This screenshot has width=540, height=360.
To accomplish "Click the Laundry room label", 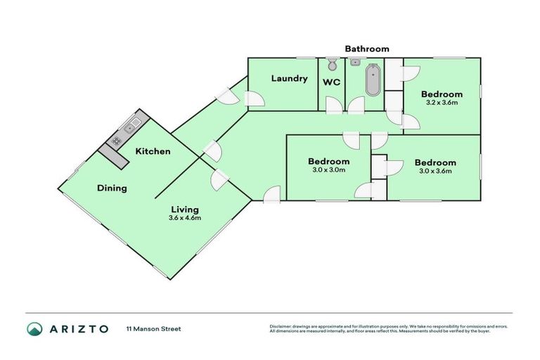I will (x=290, y=78).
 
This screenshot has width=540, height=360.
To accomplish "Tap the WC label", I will (x=331, y=82).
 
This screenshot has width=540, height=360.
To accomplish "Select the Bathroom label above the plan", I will (x=366, y=49).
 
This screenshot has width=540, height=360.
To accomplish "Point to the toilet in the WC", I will (x=333, y=65).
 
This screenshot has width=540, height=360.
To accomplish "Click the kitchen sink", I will (x=131, y=128).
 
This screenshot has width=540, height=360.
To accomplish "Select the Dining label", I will (x=112, y=188).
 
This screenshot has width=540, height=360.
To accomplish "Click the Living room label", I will (x=185, y=209).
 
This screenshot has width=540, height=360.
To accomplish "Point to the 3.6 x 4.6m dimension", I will (x=185, y=218).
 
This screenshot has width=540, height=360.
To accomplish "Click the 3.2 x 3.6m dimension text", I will (x=442, y=103).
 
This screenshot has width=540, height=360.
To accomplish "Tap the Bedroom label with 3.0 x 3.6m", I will (x=435, y=162).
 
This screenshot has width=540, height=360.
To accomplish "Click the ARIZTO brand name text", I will (x=79, y=328).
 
